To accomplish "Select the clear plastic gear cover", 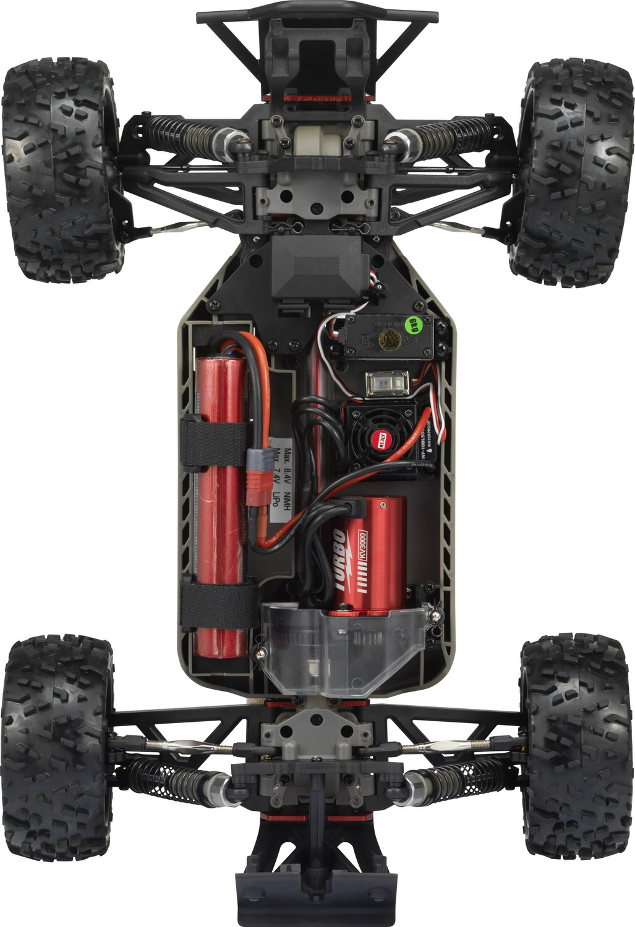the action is tap(340, 649).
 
